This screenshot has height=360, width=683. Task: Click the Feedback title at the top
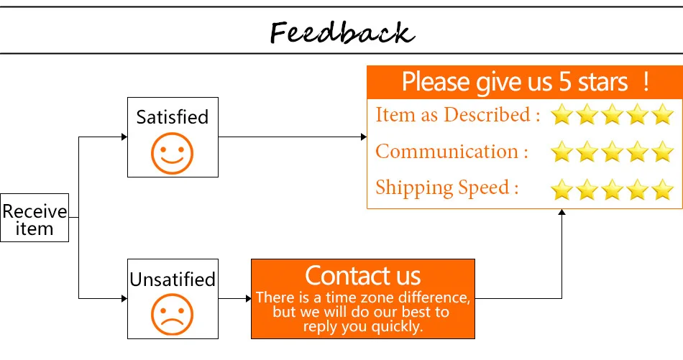point(342,32)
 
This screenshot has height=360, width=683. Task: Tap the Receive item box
point(35,218)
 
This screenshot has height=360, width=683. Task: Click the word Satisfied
point(173,117)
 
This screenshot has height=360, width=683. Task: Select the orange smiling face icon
point(172,154)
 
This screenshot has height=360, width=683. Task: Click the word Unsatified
point(173,280)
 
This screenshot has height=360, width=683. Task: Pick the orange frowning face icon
point(172,315)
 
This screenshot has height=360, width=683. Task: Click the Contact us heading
point(363,275)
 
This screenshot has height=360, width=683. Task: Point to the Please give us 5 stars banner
point(525,82)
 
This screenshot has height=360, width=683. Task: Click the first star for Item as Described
point(562,114)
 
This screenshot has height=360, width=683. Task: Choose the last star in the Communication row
point(663,152)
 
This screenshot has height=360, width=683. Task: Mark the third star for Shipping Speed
point(612,190)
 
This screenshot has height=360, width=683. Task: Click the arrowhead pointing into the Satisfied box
point(124,137)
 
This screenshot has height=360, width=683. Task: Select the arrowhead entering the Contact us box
point(249,299)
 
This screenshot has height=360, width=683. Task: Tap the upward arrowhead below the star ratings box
point(562,212)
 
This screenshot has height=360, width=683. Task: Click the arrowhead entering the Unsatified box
point(124,299)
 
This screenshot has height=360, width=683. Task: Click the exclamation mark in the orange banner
point(646,82)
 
